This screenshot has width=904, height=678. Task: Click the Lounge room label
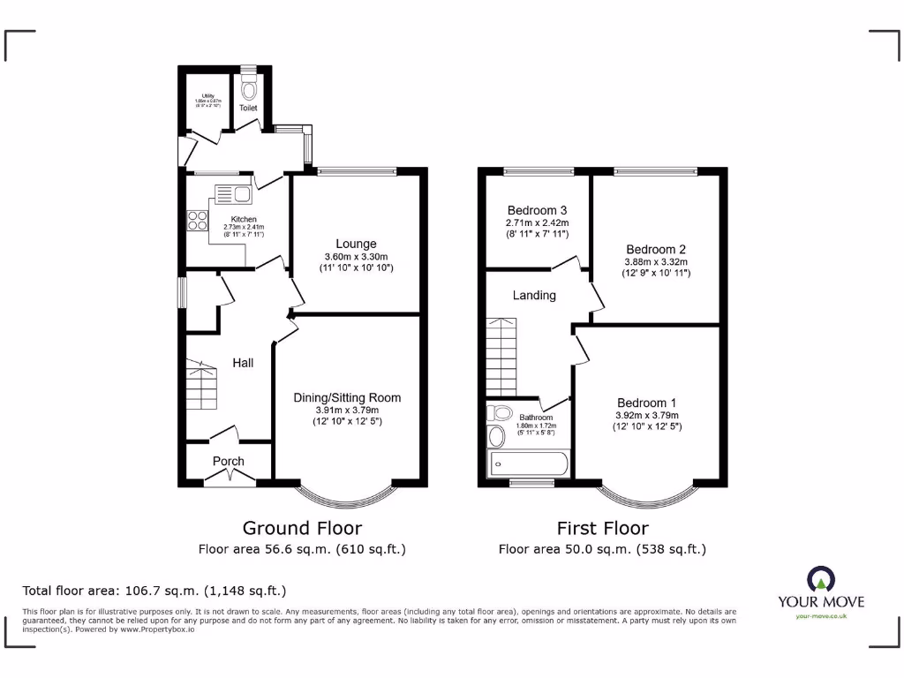pyautogui.click(x=356, y=244)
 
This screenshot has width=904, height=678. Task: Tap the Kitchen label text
pyautogui.click(x=244, y=219)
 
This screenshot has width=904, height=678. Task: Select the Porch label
pyautogui.click(x=229, y=461)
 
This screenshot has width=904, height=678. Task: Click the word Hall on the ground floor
pyautogui.click(x=243, y=362)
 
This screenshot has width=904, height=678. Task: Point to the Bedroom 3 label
pyautogui.click(x=537, y=210)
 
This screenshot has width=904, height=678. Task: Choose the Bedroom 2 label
pyautogui.click(x=656, y=249)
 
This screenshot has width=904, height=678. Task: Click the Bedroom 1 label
pyautogui.click(x=648, y=403)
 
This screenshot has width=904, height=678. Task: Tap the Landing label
pyautogui.click(x=534, y=295)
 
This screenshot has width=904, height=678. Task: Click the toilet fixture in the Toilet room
pyautogui.click(x=248, y=88)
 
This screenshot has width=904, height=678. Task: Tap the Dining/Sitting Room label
pyautogui.click(x=347, y=397)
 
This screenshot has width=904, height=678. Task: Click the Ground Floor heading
pyautogui.click(x=302, y=528)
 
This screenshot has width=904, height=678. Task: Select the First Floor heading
pyautogui.click(x=602, y=528)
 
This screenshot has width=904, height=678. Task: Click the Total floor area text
pyautogui.click(x=154, y=590)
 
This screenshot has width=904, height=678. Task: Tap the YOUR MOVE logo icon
pyautogui.click(x=821, y=580)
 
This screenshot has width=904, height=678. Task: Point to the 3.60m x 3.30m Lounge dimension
pyautogui.click(x=356, y=257)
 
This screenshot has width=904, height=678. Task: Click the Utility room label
pyautogui.click(x=207, y=95)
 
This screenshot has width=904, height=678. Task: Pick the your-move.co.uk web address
pyautogui.click(x=821, y=615)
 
